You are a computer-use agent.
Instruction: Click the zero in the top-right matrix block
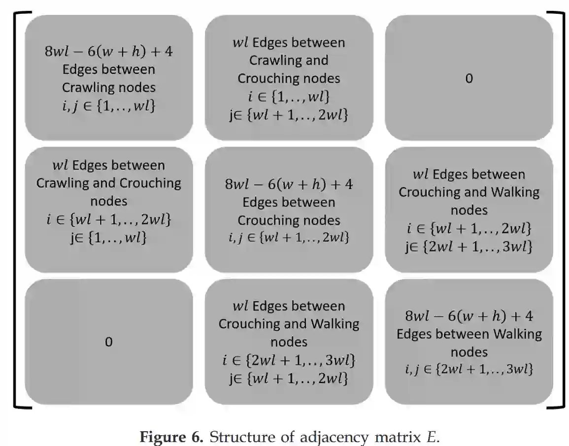pyautogui.click(x=469, y=78)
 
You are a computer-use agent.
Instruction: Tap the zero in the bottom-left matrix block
pyautogui.click(x=108, y=342)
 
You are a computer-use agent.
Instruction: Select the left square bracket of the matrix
pyautogui.click(x=16, y=209)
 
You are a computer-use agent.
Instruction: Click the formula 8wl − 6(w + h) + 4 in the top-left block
pyautogui.click(x=108, y=51)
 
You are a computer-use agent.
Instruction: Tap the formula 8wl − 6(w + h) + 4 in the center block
pyautogui.click(x=289, y=184)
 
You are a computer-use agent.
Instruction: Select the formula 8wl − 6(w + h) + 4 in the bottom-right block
pyautogui.click(x=469, y=316)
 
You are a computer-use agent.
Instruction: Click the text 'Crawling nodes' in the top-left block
pyautogui.click(x=108, y=88)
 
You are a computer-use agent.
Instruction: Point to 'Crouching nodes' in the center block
pyautogui.click(x=289, y=220)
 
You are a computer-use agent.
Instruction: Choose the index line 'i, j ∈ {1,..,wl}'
pyautogui.click(x=108, y=105)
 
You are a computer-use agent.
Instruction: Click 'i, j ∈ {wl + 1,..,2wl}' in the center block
pyautogui.click(x=289, y=238)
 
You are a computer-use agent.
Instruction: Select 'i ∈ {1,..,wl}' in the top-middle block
pyautogui.click(x=289, y=96)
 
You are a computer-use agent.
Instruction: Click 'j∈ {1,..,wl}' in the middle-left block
pyautogui.click(x=108, y=238)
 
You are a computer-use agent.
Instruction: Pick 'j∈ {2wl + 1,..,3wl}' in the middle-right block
pyautogui.click(x=469, y=247)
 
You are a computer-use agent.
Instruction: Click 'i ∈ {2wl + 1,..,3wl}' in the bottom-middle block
pyautogui.click(x=289, y=360)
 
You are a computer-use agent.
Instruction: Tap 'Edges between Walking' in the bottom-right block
pyautogui.click(x=469, y=334)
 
